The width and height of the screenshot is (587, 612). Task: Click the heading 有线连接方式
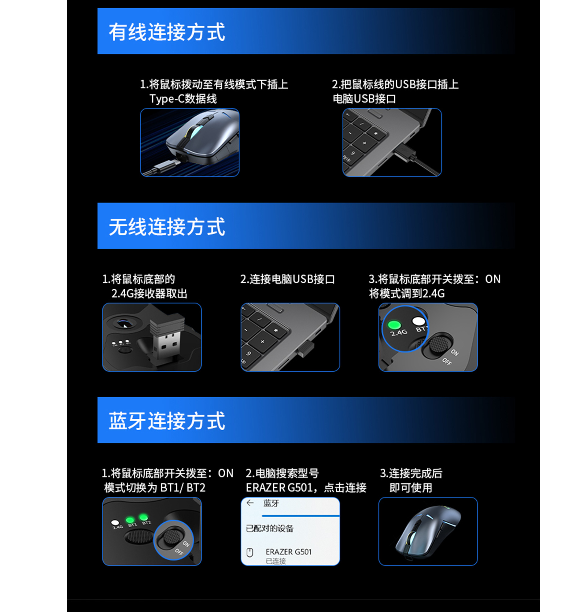167,32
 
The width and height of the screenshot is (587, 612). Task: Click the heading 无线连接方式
167,226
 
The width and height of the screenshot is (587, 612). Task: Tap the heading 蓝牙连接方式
167,421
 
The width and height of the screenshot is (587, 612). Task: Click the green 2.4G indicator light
394,325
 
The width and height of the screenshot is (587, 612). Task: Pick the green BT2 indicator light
144,517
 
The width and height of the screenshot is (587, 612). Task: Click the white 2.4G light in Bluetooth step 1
115,522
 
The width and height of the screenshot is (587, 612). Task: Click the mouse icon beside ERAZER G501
250,552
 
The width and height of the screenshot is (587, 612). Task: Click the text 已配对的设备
270,528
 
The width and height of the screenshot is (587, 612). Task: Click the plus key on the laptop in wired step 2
364,143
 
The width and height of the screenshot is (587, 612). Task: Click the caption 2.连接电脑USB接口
287,279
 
